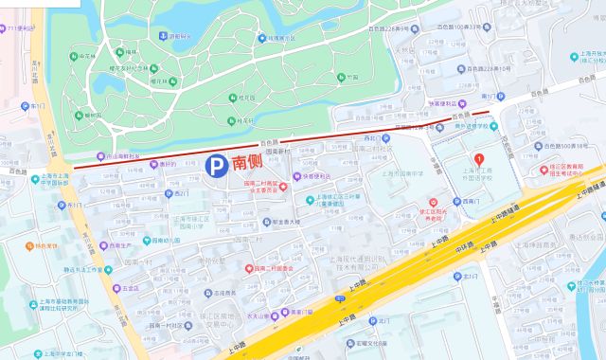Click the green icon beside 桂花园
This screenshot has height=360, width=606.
231,98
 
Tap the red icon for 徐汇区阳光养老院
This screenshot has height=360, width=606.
433,202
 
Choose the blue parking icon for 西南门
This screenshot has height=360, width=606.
455,202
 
